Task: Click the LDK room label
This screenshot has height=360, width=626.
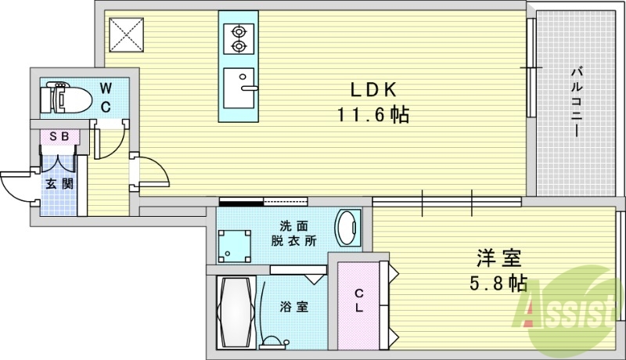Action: click(372, 89)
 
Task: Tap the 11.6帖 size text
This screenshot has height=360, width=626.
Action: click(372, 115)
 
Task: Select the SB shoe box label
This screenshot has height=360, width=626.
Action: click(59, 136)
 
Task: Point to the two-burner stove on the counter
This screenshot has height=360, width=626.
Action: click(239, 39)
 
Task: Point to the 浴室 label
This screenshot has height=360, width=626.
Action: click(294, 307)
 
